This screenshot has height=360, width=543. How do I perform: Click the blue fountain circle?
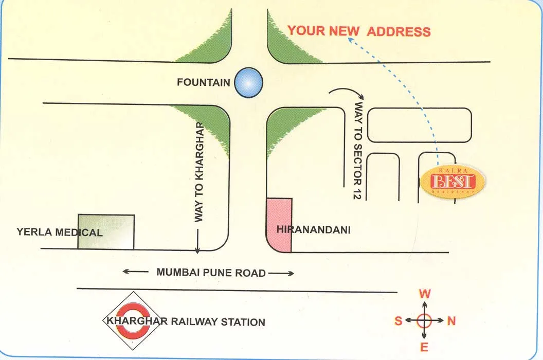coord(248,82)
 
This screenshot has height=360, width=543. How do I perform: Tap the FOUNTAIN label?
coord(203,82)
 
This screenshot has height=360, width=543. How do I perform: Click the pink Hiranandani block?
coord(279,225)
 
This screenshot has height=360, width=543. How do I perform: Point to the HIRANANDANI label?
coord(314,230)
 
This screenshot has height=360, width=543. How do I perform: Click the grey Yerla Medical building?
coord(106,231)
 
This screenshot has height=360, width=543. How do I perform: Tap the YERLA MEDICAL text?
coord(60,232)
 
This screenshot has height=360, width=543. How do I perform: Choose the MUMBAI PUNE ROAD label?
coord(211,273)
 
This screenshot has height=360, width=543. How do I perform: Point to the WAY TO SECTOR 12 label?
coord(358,150)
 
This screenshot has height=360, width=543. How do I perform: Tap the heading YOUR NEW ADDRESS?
coord(359,31)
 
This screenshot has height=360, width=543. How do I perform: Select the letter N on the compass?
coord(451,321)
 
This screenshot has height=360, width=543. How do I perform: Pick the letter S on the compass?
coord(398,321)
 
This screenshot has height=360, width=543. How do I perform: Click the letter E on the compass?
coord(424,347)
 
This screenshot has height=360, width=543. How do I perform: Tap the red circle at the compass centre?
coord(424,320)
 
